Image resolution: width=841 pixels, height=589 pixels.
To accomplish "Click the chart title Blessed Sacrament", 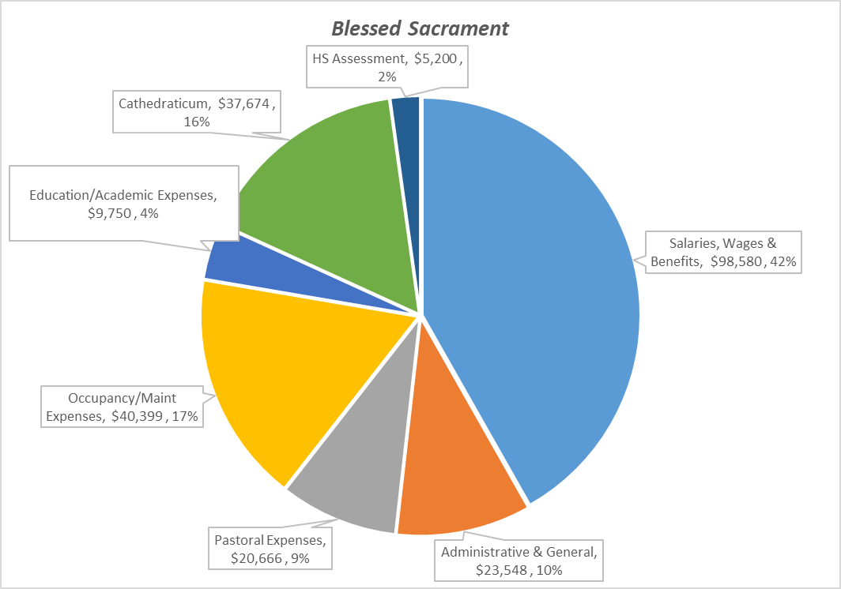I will [420, 28].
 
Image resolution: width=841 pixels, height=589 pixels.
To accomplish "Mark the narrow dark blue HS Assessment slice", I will [406, 158].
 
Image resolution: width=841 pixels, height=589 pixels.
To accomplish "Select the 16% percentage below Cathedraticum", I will [196, 122].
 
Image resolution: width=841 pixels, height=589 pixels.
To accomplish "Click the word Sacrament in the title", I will [458, 28].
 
